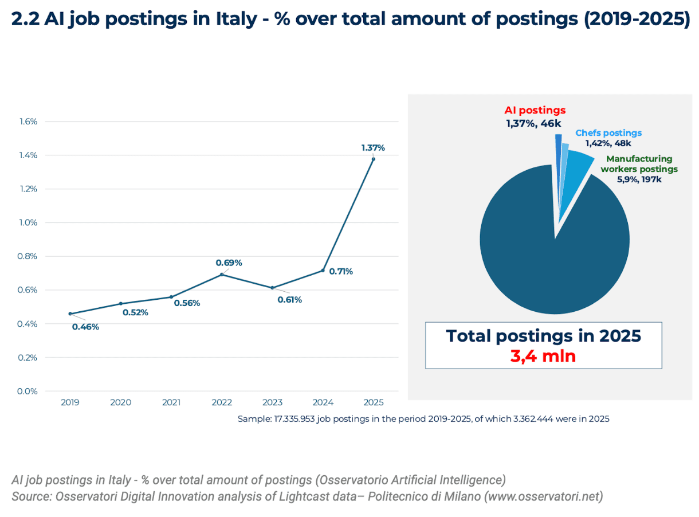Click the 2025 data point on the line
click(374, 159)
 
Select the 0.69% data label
click(229, 263)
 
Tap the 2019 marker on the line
click(70, 314)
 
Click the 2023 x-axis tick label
click(272, 403)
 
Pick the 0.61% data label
click(289, 299)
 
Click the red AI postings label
click(535, 110)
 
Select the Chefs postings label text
click(608, 133)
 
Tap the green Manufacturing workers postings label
click(639, 164)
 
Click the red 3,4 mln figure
click(543, 356)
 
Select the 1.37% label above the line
click(373, 147)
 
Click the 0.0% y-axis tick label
click(27, 391)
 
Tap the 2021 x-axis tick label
click(171, 403)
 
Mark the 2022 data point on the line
click(222, 275)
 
